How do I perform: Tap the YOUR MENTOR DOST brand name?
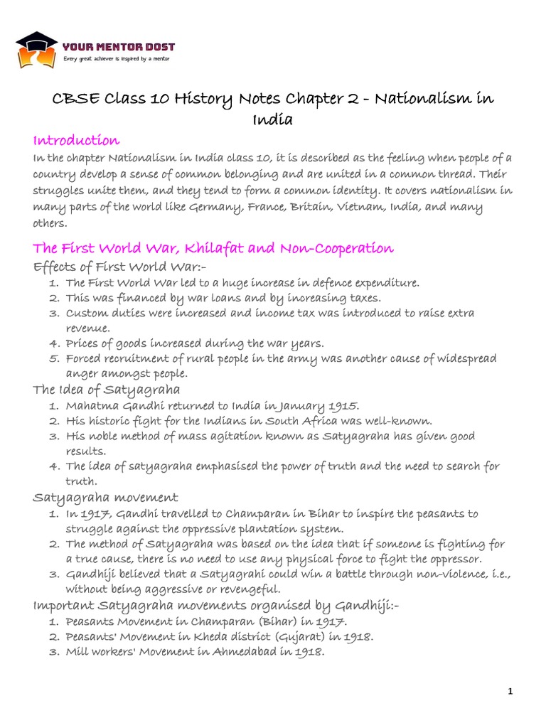(119, 47)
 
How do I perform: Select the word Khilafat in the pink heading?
(213, 248)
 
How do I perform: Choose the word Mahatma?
(90, 405)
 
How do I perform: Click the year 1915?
(343, 405)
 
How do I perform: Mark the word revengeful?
(244, 589)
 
